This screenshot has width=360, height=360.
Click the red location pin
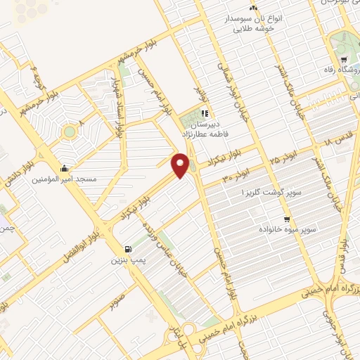pos(181,165)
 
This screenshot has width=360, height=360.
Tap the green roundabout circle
pos(70,131)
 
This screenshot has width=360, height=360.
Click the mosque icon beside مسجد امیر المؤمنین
pos(65,168)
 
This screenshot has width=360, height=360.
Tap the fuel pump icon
pos(127,249)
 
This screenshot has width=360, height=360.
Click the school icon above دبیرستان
pos(204,112)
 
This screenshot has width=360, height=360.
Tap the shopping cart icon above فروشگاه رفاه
pos(343,60)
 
